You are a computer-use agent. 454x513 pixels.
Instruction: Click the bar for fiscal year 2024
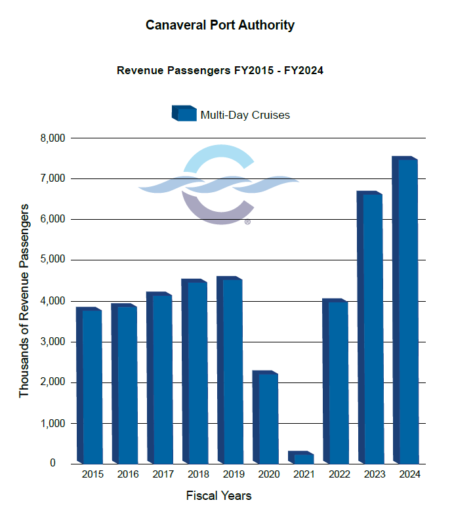coord(407,311)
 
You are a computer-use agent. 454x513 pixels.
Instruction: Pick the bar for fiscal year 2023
coord(372,328)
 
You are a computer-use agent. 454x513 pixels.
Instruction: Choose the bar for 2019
coord(232,371)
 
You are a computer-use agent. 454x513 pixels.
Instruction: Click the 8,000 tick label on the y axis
coord(51,138)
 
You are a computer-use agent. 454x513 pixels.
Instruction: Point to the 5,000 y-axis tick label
coord(51,260)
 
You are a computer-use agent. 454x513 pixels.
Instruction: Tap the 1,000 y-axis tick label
coord(51,423)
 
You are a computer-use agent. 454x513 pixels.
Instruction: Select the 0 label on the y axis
coord(62,464)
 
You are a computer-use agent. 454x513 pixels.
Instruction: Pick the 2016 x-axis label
coord(128,474)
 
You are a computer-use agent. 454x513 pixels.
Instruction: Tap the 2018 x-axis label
coord(198,474)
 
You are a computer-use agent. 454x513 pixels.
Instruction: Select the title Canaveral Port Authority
coord(220,26)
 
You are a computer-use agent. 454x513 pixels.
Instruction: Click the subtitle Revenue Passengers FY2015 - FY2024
coord(220,70)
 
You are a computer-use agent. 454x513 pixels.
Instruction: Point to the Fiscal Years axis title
coord(218,495)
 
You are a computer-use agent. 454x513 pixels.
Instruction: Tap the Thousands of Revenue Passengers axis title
coord(25,300)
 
